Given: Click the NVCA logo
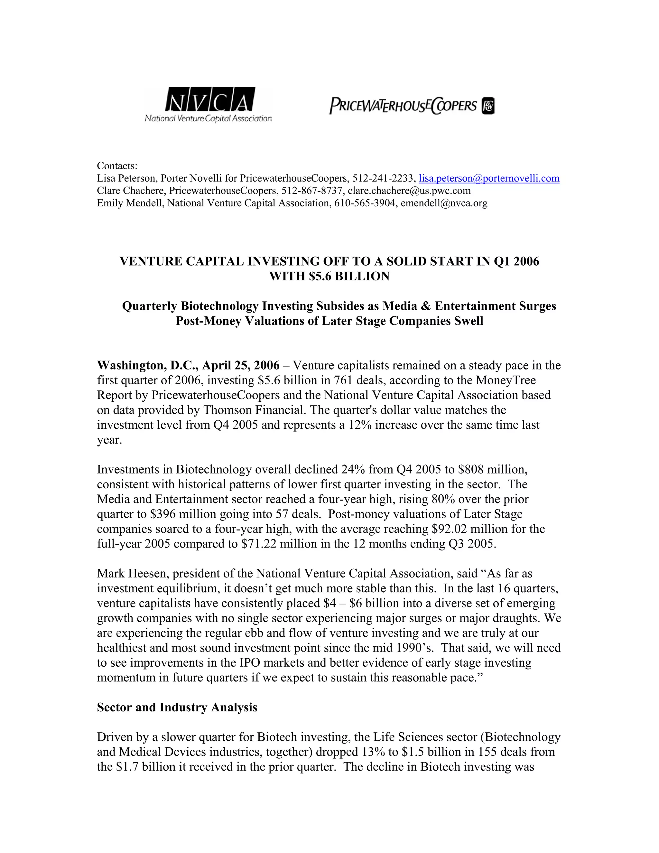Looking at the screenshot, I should (x=208, y=104).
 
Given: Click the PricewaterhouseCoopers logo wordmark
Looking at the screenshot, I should (x=403, y=106).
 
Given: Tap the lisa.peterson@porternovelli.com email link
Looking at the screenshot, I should (x=489, y=179).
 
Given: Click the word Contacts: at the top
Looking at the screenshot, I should (x=117, y=166).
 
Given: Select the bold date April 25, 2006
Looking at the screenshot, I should (x=240, y=365).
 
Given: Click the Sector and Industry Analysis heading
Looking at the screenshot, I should (x=177, y=707).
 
